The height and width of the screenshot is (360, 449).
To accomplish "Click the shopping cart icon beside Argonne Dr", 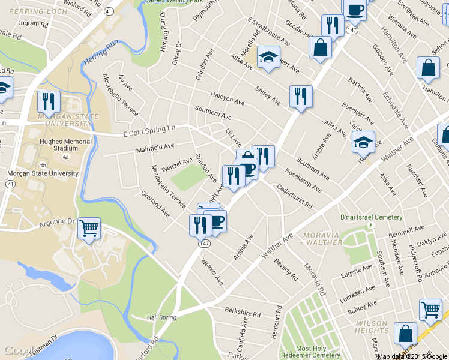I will (89, 227).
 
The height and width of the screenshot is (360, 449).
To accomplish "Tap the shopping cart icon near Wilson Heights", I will (430, 310).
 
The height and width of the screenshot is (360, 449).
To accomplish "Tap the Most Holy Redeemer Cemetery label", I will (318, 352).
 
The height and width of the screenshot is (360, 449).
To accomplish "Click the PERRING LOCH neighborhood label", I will (25, 11).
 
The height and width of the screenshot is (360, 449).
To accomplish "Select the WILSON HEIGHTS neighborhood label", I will (372, 327).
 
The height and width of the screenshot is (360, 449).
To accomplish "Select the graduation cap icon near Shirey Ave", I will (268, 57).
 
